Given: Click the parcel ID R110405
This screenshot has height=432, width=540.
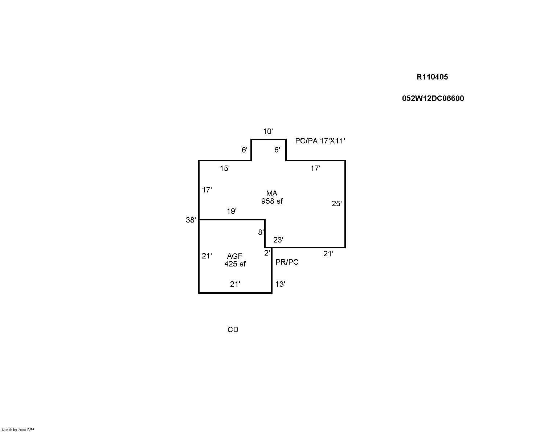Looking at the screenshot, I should pos(432,77).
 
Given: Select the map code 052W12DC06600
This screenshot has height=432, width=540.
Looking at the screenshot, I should pos(433,98).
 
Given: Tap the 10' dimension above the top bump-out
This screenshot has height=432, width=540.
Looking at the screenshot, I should pos(268,131).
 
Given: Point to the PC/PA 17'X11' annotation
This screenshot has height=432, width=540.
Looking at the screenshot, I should pos(320,141).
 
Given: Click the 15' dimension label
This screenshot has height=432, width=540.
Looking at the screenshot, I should pos(225,168).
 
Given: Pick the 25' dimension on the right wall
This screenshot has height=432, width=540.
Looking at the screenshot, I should pos(336,204).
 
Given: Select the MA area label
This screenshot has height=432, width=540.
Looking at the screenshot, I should pos(272,193).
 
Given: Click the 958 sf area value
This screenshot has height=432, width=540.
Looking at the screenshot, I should pos(272,201).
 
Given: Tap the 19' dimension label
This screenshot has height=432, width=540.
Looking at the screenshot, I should pos(232,211).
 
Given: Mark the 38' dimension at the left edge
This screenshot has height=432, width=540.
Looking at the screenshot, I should pos(191,220).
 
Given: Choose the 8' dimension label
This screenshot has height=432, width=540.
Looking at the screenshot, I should pos(261,232).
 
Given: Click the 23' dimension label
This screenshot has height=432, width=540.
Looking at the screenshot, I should pos(278,240).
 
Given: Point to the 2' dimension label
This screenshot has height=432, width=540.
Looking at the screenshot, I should pos(267,253).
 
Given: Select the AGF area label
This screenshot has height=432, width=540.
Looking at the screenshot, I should pos(235,256).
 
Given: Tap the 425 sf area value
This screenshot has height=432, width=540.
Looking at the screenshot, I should pos(235,264).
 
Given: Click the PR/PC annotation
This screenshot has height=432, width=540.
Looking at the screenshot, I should pos(287,262).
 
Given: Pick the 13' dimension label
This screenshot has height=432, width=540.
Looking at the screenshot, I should pos(280,284).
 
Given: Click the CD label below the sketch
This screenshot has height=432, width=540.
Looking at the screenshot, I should pos(233,330).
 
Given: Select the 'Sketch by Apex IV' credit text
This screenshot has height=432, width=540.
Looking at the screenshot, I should pos(18,430).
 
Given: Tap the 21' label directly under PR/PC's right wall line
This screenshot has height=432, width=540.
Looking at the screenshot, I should pos(328,254).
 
